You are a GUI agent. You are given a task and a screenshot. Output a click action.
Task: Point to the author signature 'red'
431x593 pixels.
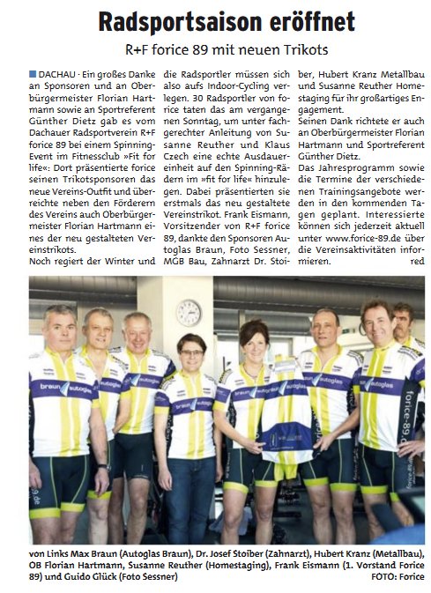coord(417,262)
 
